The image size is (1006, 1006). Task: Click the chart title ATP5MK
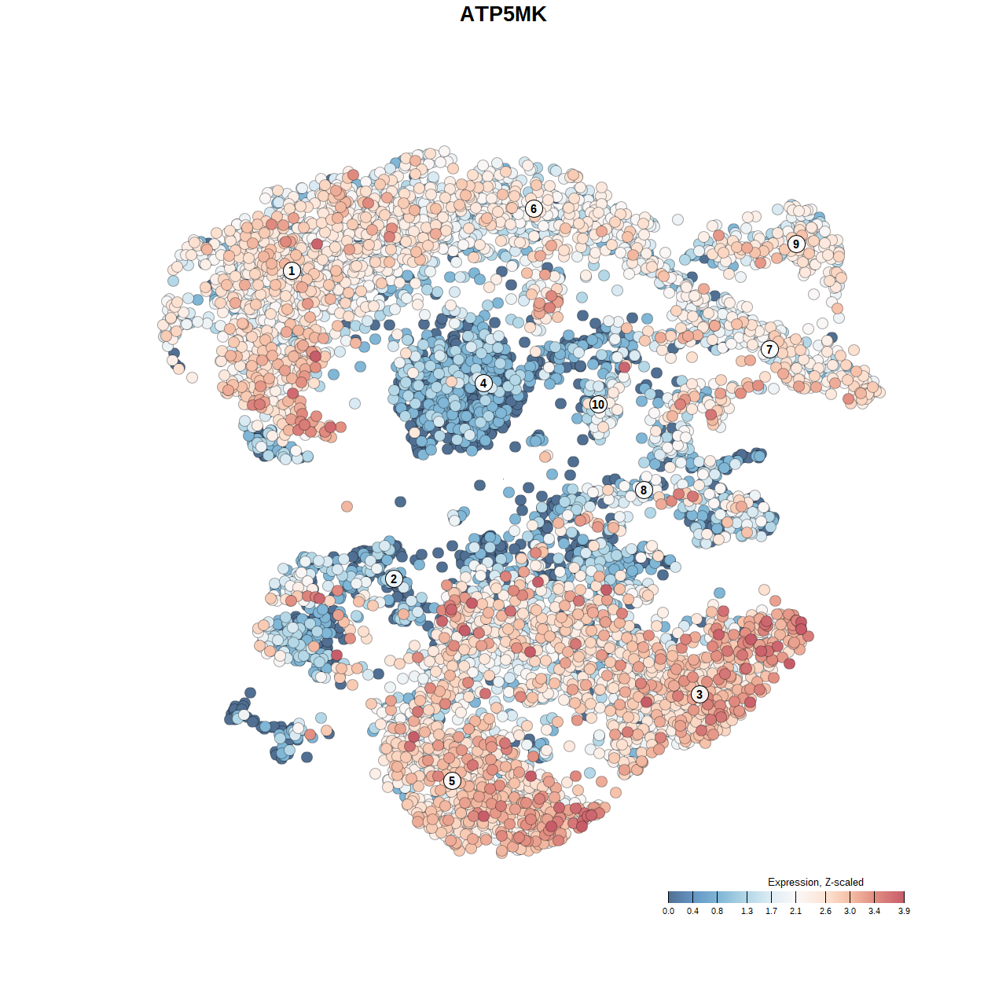pyautogui.click(x=503, y=14)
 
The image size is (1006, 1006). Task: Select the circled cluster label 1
pyautogui.click(x=292, y=271)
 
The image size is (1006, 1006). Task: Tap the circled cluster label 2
pyautogui.click(x=394, y=579)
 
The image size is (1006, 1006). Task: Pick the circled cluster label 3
pyautogui.click(x=699, y=694)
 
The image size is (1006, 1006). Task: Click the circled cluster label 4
pyautogui.click(x=483, y=384)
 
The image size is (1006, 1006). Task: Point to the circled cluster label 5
pyautogui.click(x=452, y=780)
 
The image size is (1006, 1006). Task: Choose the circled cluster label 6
pyautogui.click(x=534, y=208)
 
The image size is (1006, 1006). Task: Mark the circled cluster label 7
pyautogui.click(x=769, y=350)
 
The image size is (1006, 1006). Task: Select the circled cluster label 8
pyautogui.click(x=644, y=490)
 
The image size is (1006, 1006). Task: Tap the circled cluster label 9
pyautogui.click(x=796, y=244)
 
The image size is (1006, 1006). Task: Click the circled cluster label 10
pyautogui.click(x=598, y=405)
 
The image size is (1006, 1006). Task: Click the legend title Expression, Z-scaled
pyautogui.click(x=815, y=882)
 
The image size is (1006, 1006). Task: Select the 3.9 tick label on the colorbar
pyautogui.click(x=904, y=911)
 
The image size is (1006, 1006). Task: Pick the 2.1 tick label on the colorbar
pyautogui.click(x=795, y=911)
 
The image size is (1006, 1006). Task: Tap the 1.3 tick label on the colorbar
pyautogui.click(x=747, y=911)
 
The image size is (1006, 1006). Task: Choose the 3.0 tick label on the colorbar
pyautogui.click(x=850, y=911)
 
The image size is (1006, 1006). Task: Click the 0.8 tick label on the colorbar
pyautogui.click(x=717, y=911)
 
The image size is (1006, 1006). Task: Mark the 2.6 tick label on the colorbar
pyautogui.click(x=825, y=911)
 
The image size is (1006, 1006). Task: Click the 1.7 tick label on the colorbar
pyautogui.click(x=771, y=911)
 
